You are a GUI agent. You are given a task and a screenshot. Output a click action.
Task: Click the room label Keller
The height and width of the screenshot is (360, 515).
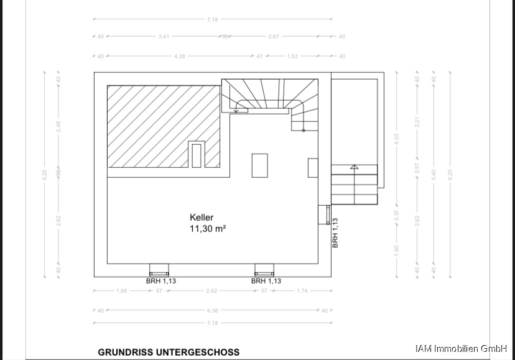202,218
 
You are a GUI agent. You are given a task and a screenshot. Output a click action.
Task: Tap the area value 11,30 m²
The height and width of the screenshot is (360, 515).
208,228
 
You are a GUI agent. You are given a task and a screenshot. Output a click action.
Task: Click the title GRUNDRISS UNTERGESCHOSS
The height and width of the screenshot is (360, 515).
169,352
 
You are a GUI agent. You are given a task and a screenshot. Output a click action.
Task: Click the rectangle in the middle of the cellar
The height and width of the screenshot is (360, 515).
259,165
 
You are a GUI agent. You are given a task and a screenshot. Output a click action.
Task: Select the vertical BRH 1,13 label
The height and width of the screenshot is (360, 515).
335,233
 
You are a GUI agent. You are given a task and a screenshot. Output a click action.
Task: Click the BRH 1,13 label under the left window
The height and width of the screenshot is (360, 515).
161,281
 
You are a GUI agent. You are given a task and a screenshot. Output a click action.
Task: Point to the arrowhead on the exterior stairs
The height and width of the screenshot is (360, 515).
354,167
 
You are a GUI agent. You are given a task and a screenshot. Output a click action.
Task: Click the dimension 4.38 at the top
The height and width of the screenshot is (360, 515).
180,56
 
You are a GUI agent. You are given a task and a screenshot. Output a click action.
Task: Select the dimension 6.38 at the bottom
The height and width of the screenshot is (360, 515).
212,310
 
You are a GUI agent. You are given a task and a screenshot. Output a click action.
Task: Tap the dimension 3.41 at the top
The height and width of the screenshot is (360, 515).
164,37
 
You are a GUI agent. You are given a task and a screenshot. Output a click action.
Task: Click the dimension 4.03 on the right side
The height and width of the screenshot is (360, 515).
397,137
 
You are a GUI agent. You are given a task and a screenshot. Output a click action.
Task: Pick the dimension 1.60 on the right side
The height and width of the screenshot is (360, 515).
397,249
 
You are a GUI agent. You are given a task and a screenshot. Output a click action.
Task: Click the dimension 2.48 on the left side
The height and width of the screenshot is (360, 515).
59,126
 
